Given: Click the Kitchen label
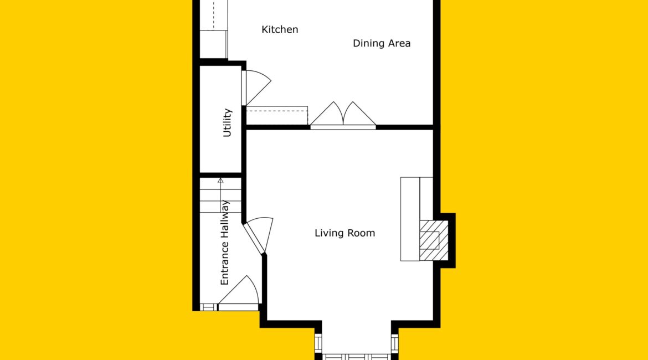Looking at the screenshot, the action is coord(280,29).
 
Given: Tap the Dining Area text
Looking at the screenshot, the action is coord(382,43).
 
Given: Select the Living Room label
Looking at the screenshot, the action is coord(344,233).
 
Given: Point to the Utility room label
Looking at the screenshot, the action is coord(227,122).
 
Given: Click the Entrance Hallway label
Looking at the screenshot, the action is coord(224,243).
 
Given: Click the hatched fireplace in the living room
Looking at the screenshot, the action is coord(434,240).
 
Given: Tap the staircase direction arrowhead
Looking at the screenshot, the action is coord(220,180).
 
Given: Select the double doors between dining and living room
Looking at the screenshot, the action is coord(343,115).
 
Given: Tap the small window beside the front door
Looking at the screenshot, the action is coord(208,307).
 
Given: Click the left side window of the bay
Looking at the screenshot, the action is coord(318,343).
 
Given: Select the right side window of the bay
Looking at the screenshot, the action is coord(395,343).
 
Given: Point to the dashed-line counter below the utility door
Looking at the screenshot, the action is coord(277,115).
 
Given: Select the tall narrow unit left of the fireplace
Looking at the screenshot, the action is coord(410,219).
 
